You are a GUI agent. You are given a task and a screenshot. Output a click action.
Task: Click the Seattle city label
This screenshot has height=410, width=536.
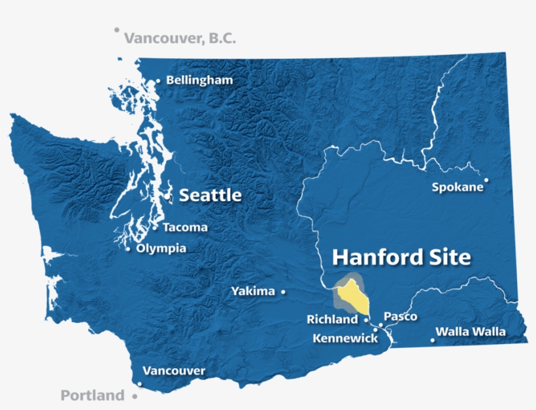pos(210,195)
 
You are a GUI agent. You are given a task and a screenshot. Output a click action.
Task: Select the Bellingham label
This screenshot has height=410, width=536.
pos(199,80)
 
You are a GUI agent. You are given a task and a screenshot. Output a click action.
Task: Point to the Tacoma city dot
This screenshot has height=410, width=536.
pos(155,228)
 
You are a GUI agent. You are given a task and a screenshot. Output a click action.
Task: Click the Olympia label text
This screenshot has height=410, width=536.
pos(161,249)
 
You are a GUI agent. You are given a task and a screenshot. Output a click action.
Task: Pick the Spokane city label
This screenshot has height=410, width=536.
pos(458,187)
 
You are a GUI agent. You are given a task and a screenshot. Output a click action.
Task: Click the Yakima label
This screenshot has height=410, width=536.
pos(253,291)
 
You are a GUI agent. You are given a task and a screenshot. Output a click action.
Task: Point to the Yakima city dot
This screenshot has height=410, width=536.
pos(283,292)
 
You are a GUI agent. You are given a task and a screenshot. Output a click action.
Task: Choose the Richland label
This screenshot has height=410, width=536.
pos(332,320)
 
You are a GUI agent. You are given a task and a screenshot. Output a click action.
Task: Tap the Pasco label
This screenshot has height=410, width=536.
pos(401,317)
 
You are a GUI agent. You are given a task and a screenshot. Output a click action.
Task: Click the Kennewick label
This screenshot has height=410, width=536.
pos(345,339)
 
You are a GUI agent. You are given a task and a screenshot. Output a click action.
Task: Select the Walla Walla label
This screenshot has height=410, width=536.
pos(471,332)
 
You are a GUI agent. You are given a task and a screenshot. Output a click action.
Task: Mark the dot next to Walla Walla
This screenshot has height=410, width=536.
pos(433,339)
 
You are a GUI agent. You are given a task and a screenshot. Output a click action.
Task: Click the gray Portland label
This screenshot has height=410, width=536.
pos(92,395)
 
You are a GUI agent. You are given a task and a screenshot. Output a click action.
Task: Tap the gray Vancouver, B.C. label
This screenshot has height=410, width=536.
pos(180,39)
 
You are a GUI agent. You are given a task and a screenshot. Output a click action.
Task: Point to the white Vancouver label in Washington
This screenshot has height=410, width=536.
pos(174,371)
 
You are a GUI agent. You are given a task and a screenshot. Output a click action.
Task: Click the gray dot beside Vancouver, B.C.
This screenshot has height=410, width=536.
pos(117,29)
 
